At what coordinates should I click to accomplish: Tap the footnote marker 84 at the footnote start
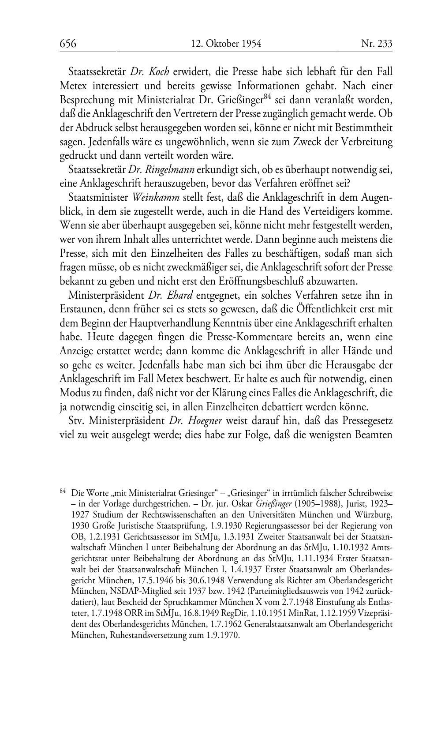tap(63, 490)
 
